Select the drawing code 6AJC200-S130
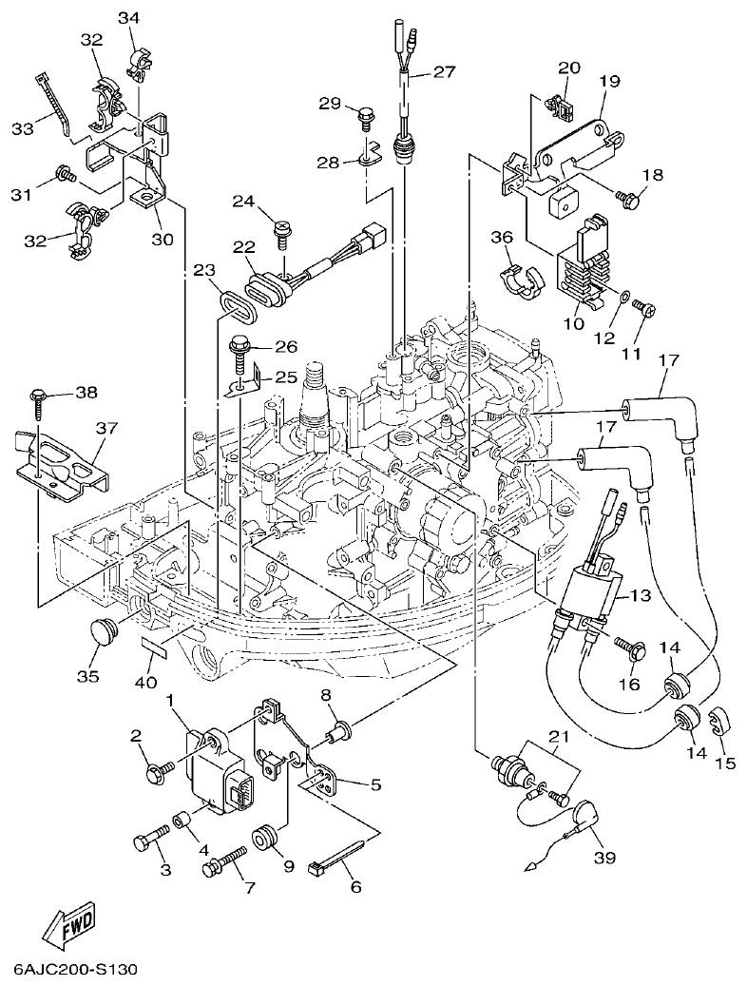tap(77, 970)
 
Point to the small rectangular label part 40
tap(155, 648)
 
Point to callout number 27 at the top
tap(445, 72)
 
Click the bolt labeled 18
tap(627, 198)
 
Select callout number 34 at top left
tap(128, 18)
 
